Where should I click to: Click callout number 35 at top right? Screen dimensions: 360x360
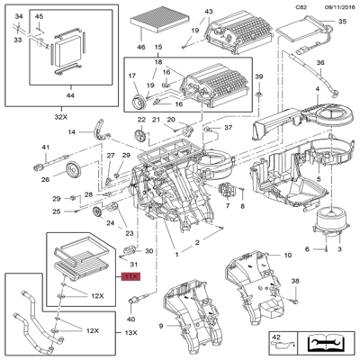(341, 21)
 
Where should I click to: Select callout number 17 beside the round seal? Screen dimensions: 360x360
(131, 76)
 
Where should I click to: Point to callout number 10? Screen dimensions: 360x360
(287, 256)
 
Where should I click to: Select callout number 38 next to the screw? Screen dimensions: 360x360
(294, 282)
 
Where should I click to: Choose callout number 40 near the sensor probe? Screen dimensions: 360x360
(131, 319)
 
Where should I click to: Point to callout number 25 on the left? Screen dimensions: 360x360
(56, 211)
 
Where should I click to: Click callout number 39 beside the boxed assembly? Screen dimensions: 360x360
(258, 76)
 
